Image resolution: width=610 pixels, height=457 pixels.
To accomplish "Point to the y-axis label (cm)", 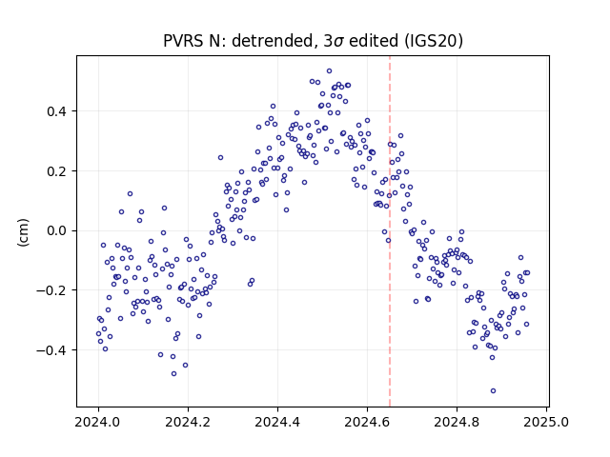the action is [23, 232].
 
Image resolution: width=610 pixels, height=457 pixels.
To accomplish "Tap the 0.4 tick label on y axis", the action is [56, 112].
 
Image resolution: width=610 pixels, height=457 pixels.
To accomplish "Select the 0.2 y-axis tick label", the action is [56, 171].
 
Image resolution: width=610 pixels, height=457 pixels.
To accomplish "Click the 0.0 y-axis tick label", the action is [56, 230].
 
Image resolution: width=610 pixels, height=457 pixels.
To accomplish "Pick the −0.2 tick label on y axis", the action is [51, 290].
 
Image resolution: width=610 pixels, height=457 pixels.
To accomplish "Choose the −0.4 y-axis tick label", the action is [51, 350].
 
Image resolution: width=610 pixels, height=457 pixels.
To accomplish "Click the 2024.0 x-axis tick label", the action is [98, 422].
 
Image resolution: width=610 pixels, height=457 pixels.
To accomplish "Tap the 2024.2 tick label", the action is [188, 422].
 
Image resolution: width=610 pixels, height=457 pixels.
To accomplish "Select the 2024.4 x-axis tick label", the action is [277, 422].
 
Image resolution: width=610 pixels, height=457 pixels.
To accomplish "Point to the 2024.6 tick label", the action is [367, 422].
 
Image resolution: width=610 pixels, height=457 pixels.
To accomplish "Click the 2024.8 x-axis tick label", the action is [457, 422].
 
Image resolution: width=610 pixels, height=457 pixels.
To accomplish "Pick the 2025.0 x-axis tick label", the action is [546, 422].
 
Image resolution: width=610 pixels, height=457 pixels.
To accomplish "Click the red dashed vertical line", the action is [390, 231].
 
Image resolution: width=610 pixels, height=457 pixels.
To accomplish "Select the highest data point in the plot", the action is [329, 71].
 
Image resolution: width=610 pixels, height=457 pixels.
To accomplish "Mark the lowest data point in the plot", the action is [493, 391].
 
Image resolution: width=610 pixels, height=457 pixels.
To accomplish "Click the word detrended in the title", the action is [273, 41].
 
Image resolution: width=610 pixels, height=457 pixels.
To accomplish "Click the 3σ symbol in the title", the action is [333, 41].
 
